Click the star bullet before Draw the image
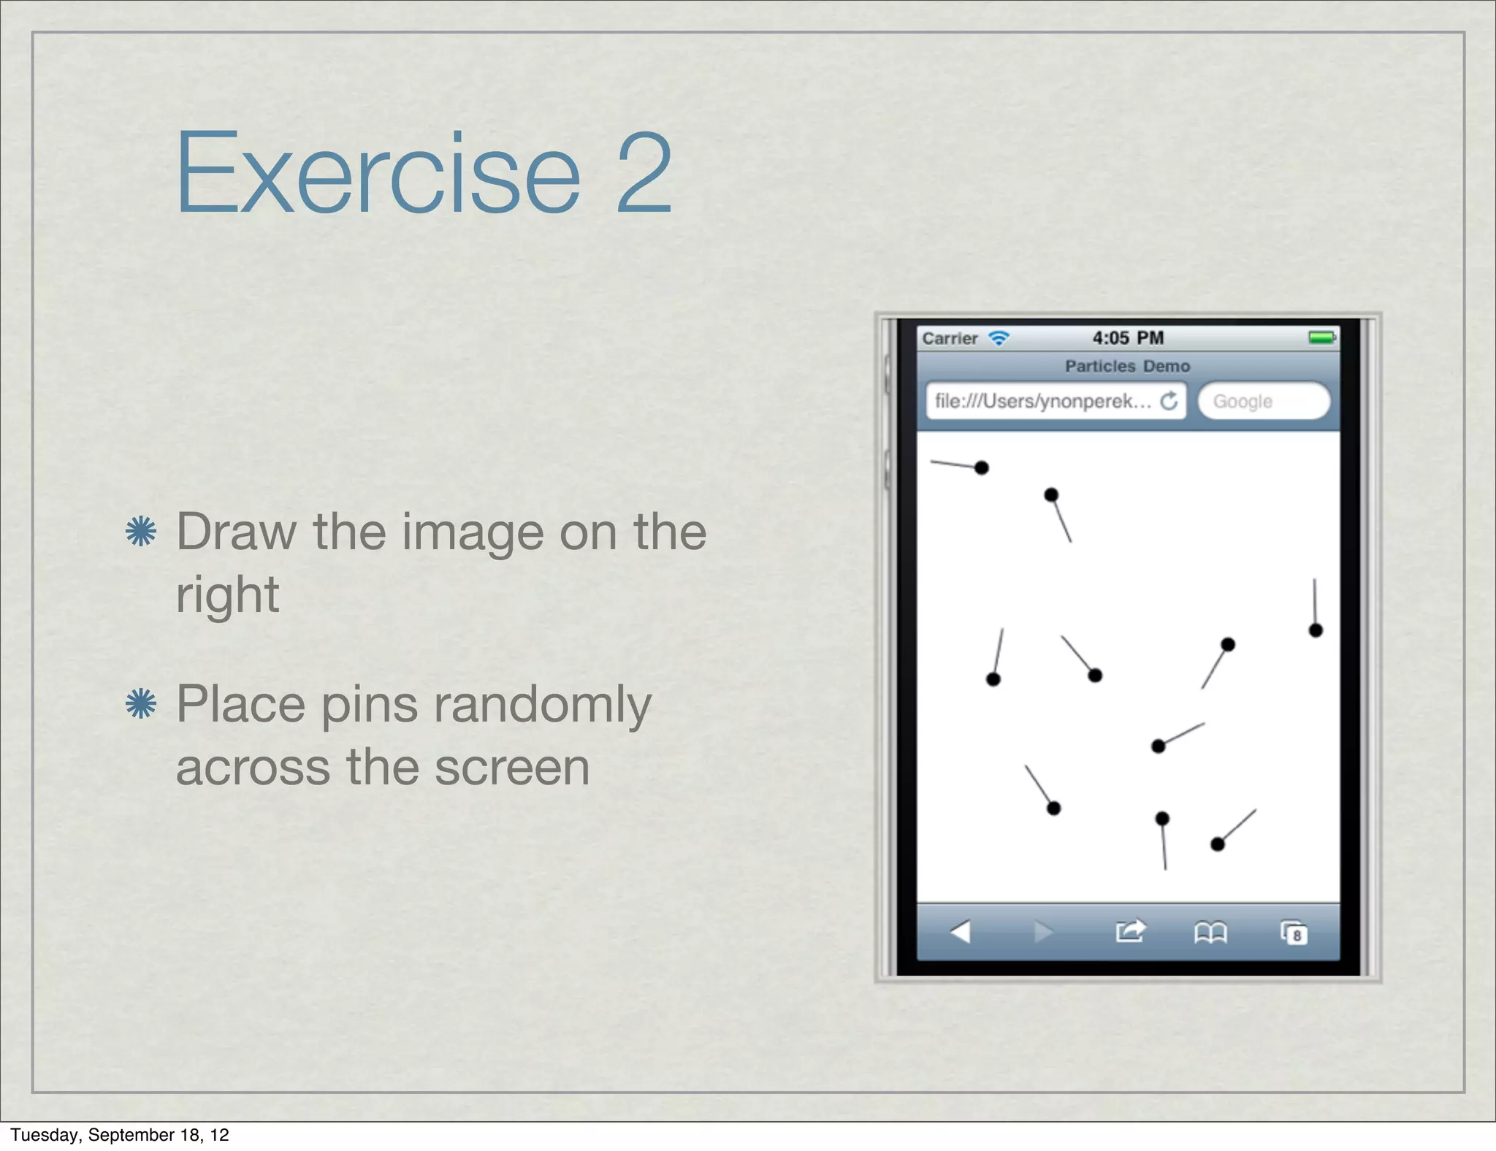(141, 531)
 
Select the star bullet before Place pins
(141, 704)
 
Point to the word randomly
(542, 705)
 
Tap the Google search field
(1263, 401)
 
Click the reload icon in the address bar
(1169, 401)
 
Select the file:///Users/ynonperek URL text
(1042, 401)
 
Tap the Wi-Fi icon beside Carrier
(999, 338)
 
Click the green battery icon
(1322, 337)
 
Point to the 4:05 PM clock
(1128, 338)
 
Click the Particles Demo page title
(1127, 366)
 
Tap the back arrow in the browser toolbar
(960, 932)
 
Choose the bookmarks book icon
(1210, 933)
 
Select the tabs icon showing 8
(1294, 933)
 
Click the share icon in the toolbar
(1129, 931)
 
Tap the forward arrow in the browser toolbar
(1044, 932)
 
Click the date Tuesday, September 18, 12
(120, 1135)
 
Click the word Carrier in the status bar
(950, 338)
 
